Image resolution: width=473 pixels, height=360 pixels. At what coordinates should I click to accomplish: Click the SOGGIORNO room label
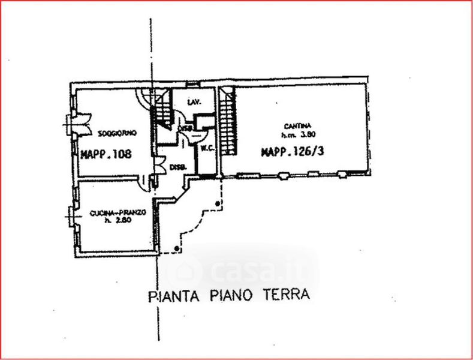click(113, 132)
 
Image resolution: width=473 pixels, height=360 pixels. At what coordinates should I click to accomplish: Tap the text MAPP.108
click(106, 154)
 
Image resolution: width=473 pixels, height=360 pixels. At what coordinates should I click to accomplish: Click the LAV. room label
click(193, 102)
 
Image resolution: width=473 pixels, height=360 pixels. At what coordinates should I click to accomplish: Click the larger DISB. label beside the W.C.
click(177, 167)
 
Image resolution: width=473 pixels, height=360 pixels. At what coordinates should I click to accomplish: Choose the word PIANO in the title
click(231, 296)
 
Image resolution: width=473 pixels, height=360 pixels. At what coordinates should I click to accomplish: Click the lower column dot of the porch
click(176, 248)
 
